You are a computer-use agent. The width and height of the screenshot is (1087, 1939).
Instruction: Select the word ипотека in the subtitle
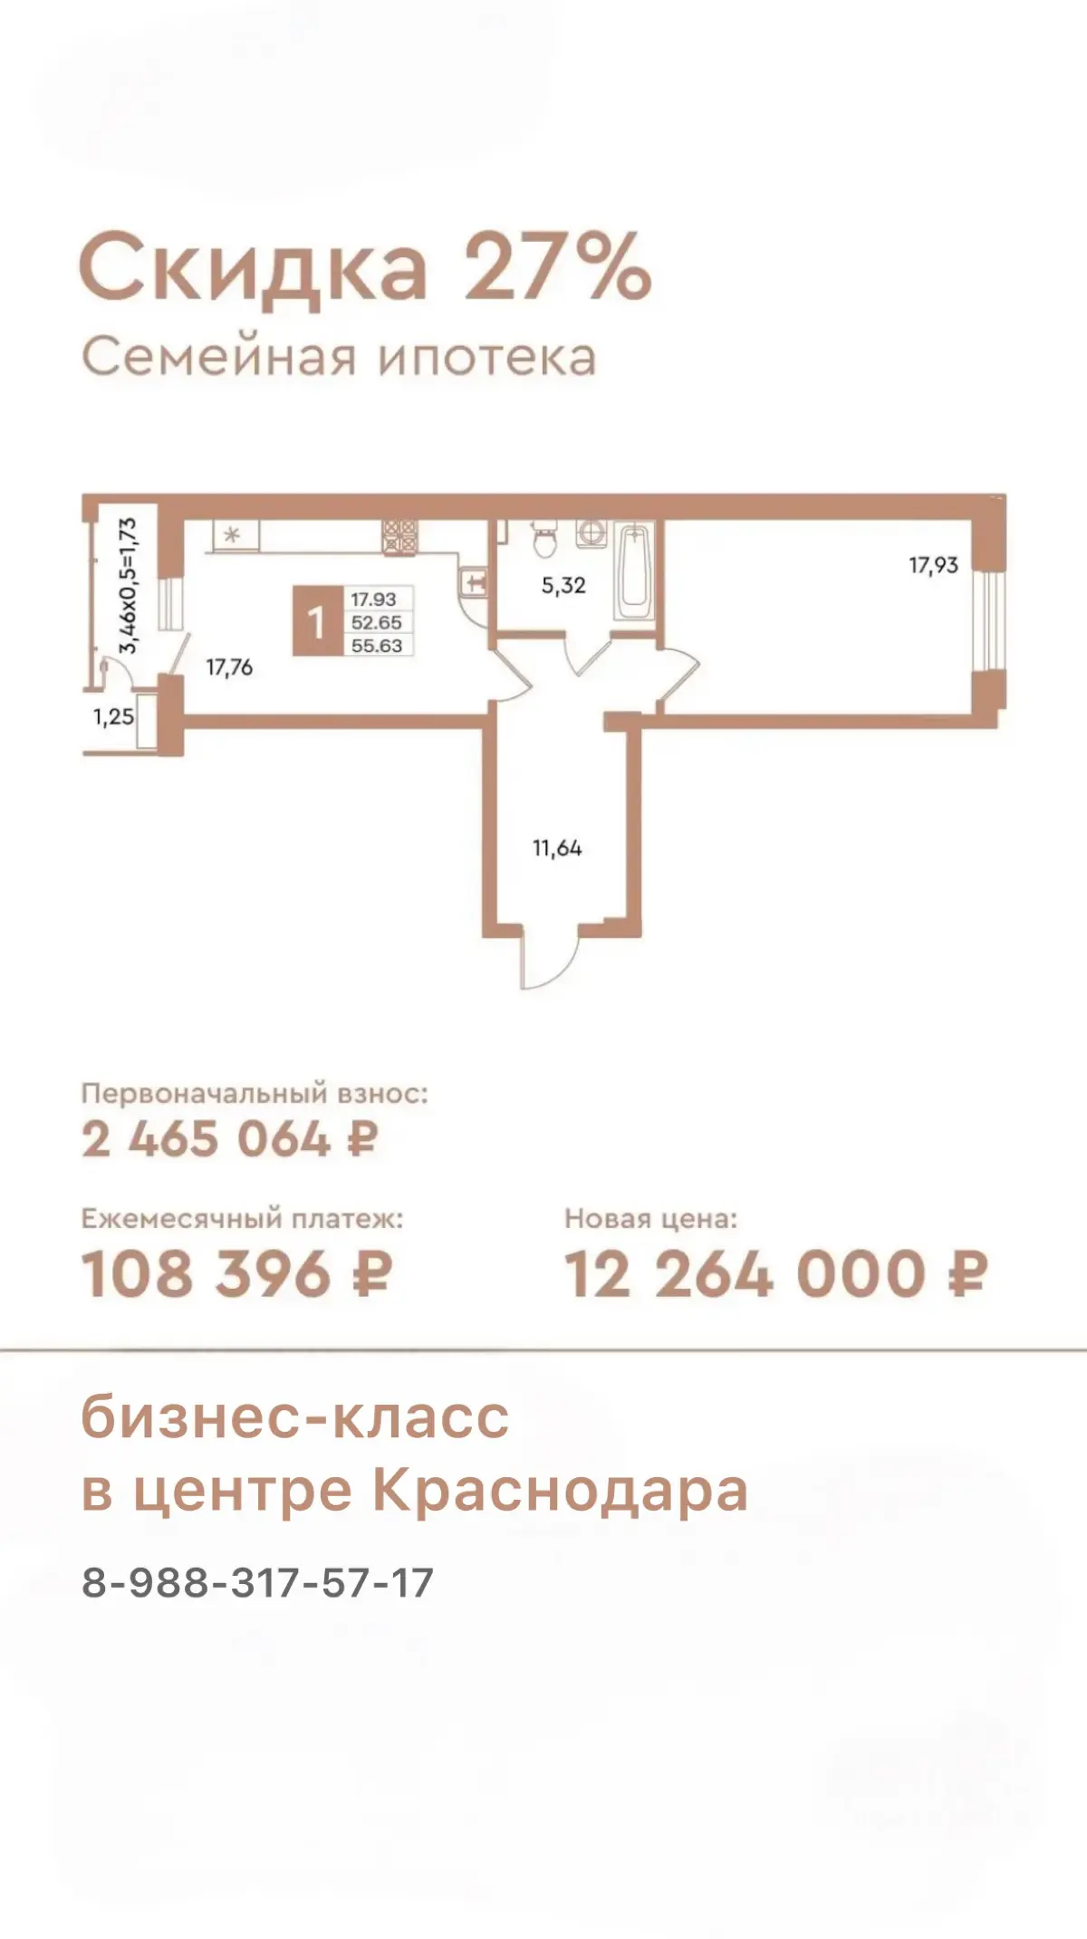pyautogui.click(x=486, y=358)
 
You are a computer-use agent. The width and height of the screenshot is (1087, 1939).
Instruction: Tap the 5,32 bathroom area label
pyautogui.click(x=563, y=586)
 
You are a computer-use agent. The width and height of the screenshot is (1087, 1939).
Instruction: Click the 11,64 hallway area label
pyautogui.click(x=557, y=849)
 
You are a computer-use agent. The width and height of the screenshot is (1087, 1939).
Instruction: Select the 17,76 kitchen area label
pyautogui.click(x=229, y=668)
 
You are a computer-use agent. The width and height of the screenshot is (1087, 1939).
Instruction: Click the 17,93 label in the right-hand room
pyautogui.click(x=933, y=565)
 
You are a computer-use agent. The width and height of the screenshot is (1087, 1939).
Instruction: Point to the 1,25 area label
pyautogui.click(x=113, y=717)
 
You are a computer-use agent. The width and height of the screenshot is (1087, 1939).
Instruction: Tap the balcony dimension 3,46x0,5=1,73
pyautogui.click(x=129, y=585)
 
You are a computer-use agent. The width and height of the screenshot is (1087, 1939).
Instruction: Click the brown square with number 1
pyautogui.click(x=316, y=621)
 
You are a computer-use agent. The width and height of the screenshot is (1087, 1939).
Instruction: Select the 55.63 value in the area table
pyautogui.click(x=377, y=646)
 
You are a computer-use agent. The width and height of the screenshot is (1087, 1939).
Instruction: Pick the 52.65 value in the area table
pyautogui.click(x=377, y=623)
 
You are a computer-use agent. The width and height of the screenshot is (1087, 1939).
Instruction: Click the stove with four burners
pyautogui.click(x=399, y=536)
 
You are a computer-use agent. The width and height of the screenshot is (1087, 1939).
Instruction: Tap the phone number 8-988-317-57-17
pyautogui.click(x=258, y=1583)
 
